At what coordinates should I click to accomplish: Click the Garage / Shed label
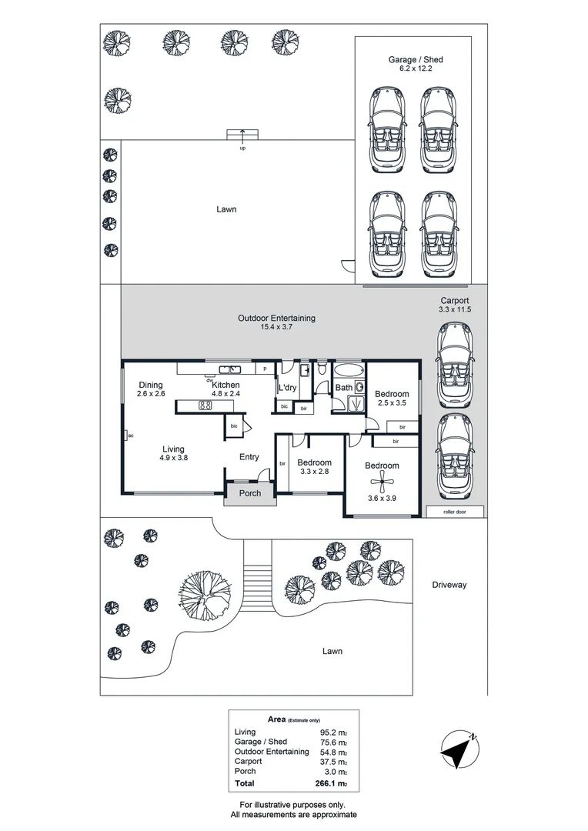tap(416, 59)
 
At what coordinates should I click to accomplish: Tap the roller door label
tap(455, 512)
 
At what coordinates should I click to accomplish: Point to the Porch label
tap(250, 493)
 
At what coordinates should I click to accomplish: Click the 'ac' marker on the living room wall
tap(130, 436)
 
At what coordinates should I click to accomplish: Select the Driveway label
tap(449, 585)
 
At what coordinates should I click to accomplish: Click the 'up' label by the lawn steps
tap(242, 148)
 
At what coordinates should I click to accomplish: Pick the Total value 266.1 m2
tap(332, 784)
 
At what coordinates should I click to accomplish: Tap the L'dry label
tap(288, 388)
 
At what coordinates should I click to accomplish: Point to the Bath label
tap(343, 388)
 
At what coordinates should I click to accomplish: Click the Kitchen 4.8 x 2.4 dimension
tap(226, 394)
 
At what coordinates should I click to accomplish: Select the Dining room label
tap(152, 385)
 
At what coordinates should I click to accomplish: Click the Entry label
tap(249, 457)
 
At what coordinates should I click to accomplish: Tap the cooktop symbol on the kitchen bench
tap(205, 405)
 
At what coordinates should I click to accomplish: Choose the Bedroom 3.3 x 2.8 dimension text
tap(314, 472)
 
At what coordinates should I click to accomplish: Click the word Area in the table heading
tap(276, 719)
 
